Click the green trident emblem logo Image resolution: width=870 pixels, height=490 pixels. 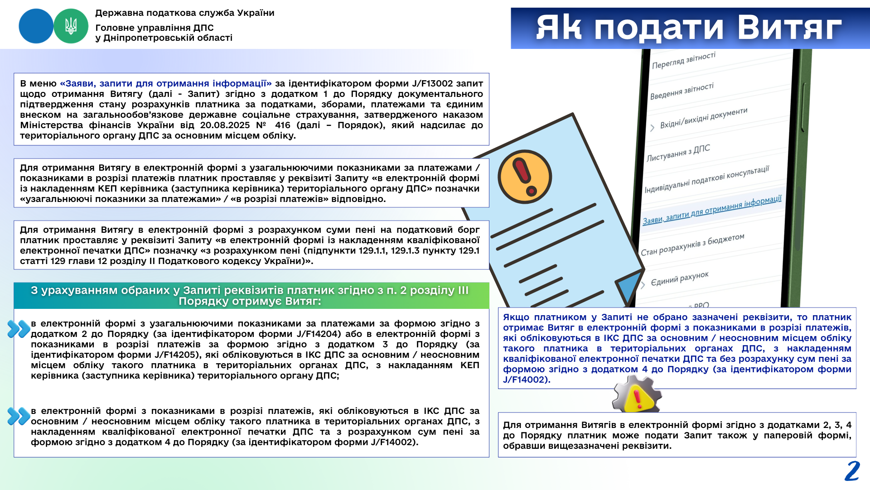click(x=71, y=26)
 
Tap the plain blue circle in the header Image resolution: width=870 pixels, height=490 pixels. click(x=36, y=26)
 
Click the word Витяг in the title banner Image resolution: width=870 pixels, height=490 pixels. click(x=789, y=28)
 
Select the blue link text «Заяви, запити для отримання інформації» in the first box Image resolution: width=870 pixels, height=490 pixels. click(x=165, y=83)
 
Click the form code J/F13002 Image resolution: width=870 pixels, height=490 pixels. click(x=432, y=83)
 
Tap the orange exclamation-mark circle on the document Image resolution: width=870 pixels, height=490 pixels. click(x=524, y=177)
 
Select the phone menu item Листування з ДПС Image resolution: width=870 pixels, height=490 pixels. click(x=678, y=153)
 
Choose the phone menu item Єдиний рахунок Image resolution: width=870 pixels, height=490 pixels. click(x=679, y=279)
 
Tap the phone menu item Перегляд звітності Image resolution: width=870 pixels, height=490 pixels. click(x=683, y=60)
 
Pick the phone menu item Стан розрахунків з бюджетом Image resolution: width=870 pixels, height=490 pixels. click(x=692, y=245)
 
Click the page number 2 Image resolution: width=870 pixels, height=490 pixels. click(x=852, y=471)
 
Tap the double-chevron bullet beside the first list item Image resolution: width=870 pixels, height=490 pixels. click(x=19, y=329)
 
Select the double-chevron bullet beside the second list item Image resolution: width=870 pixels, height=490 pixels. click(x=19, y=416)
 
